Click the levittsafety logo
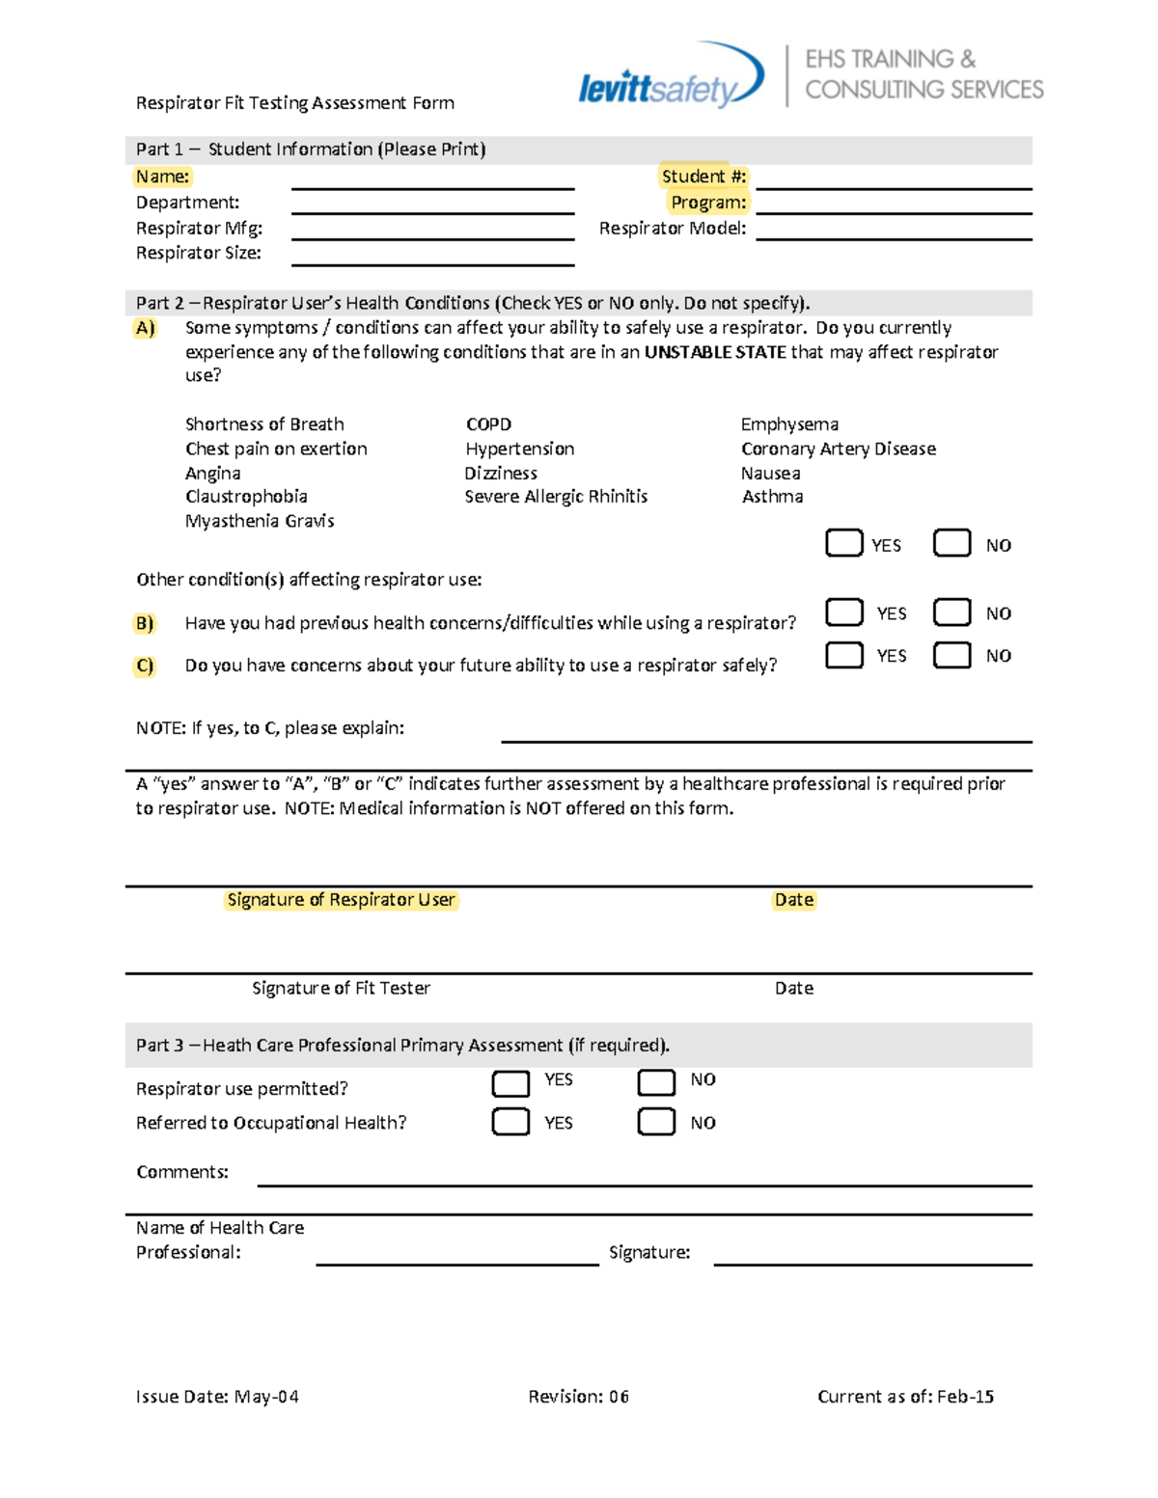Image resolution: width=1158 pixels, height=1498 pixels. click(670, 77)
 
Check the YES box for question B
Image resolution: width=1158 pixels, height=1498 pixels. click(844, 613)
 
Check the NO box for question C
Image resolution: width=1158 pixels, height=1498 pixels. click(951, 655)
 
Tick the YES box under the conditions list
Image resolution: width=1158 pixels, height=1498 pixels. click(844, 543)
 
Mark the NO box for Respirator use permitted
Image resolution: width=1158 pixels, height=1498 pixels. click(656, 1082)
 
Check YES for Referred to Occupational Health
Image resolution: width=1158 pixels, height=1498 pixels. click(510, 1121)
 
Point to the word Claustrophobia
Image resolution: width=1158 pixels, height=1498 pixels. click(246, 497)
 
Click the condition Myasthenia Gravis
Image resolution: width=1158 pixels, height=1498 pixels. click(260, 521)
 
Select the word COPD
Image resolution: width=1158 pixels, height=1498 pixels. click(488, 424)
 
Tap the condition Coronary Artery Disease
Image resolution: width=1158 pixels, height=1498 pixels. click(838, 449)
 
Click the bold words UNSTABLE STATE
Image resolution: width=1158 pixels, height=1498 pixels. click(715, 352)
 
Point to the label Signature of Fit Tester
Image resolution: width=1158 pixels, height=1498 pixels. click(341, 988)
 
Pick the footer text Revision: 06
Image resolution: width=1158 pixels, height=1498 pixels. click(578, 1397)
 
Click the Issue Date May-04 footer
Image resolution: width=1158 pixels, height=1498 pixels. click(217, 1397)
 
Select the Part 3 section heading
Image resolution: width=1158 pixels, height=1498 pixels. click(402, 1045)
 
